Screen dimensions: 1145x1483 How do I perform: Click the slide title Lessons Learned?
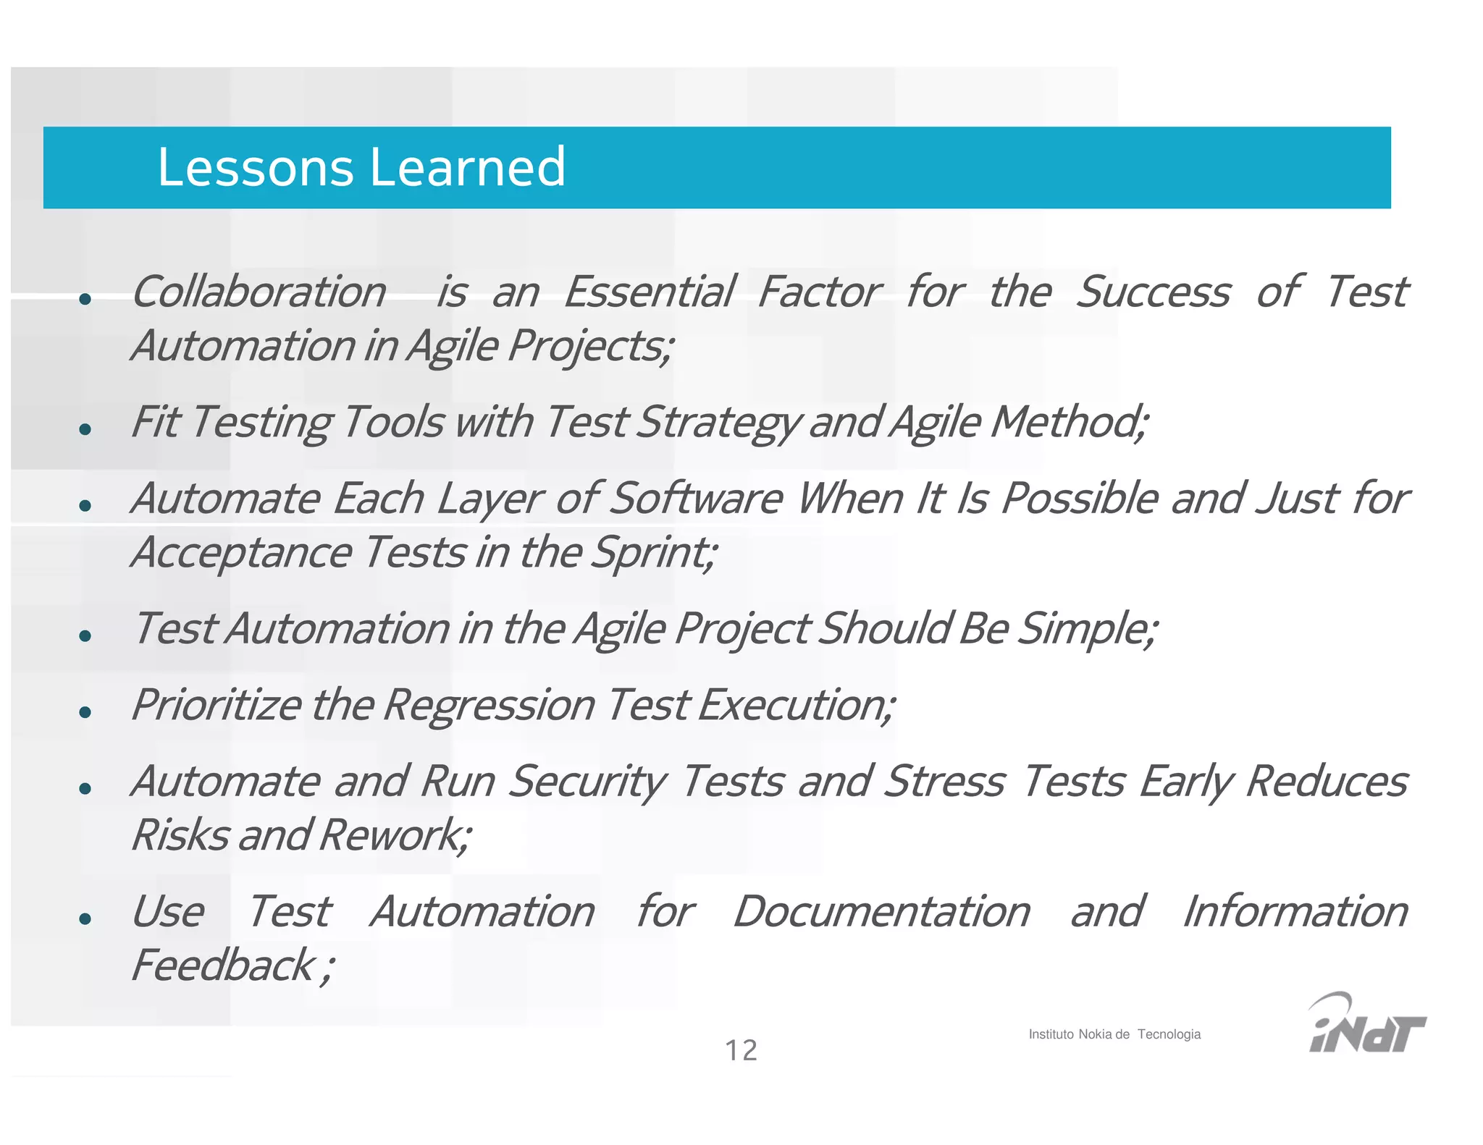361,167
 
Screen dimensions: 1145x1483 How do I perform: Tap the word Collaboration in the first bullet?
259,292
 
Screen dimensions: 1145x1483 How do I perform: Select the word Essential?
649,292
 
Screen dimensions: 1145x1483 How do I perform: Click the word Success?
1152,292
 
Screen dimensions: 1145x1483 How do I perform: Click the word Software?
695,499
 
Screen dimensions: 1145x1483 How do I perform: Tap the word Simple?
1086,629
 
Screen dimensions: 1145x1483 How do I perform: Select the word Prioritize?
216,705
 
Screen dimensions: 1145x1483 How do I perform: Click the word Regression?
489,705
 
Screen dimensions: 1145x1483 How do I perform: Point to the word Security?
587,782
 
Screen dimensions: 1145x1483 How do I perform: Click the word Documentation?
881,911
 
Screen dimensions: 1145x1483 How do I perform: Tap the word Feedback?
224,966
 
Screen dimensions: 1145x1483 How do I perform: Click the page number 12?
741,1050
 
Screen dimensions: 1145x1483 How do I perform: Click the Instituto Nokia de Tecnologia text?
1114,1034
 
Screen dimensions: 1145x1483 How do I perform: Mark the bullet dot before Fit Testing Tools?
85,429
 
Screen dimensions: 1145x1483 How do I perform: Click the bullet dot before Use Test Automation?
85,918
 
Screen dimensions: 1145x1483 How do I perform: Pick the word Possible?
1079,499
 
